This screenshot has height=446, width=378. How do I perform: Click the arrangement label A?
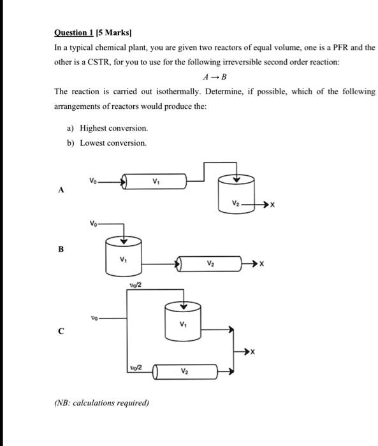[61, 189]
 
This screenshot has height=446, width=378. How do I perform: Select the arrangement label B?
[61, 249]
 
